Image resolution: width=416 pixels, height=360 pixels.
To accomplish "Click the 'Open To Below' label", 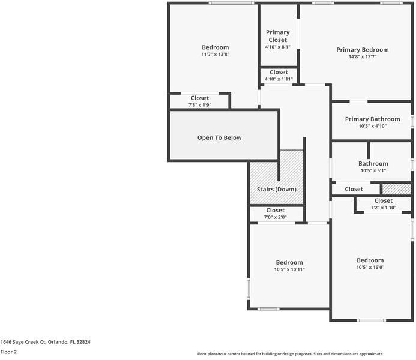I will coord(220,137).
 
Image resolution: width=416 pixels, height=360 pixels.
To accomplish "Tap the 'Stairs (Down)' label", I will coord(277,190).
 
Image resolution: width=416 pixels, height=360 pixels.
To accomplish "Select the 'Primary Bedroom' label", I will coord(362,50).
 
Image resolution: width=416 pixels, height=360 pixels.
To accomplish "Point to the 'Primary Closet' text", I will coord(277,36).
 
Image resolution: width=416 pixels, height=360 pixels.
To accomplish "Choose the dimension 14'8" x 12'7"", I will coord(362,57).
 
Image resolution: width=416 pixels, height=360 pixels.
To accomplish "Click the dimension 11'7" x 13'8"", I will coord(216,55).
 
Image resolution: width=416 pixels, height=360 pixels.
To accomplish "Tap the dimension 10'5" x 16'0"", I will coord(370,268).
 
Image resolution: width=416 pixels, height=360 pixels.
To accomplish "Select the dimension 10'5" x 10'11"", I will coord(289,269).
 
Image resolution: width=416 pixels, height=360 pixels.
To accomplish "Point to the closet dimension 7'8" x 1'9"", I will coord(200,105).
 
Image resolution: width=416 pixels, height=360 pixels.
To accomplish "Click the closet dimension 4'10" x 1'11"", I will coord(279,79).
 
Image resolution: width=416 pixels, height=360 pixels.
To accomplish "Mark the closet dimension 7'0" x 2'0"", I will coord(275,217).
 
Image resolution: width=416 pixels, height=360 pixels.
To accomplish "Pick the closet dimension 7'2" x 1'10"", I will coord(383,208).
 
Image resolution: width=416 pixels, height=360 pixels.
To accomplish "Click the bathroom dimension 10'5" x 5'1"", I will coord(373,170).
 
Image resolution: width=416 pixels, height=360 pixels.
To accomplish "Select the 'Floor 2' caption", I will coord(8,352).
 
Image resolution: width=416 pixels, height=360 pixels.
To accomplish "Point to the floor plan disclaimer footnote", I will coord(290,354).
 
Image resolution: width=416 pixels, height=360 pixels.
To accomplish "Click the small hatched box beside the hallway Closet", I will coord(397,189).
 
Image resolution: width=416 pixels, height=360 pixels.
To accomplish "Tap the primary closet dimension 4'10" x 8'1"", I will coord(277,47).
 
